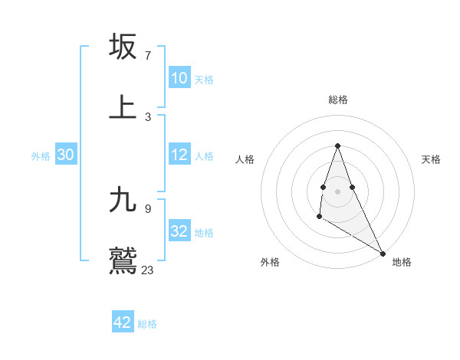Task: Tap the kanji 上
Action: coord(123,106)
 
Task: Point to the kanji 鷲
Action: coord(123,260)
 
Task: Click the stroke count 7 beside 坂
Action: coord(148,56)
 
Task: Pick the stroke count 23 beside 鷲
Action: coord(148,270)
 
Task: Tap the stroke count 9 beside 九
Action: coord(148,208)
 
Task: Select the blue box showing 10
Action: coord(179,78)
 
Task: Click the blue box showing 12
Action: coord(179,155)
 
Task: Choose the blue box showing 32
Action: coord(179,231)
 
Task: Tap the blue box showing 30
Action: coord(65,155)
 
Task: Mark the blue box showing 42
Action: coord(122,322)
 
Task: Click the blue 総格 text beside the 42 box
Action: coord(147,324)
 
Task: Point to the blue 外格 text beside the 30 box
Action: coord(41,156)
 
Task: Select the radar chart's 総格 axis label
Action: coord(338,100)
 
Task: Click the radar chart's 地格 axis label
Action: coord(402,262)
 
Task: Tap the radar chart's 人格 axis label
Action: coord(245,159)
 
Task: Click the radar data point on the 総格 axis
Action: coord(337,146)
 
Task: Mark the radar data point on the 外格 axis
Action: coord(319,217)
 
